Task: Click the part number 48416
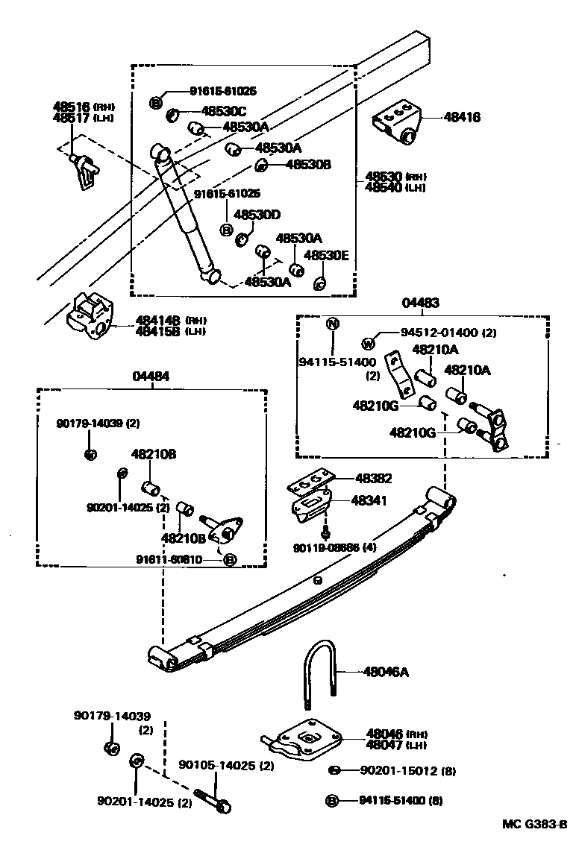pos(462,117)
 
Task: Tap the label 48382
pos(373,479)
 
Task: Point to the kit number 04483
pos(420,303)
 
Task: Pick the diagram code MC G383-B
pos(534,824)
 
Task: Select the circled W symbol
pos(367,344)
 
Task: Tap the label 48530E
pos(328,255)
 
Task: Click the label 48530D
pos(257,215)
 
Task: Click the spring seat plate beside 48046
pos(302,737)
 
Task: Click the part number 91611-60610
pos(178,559)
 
